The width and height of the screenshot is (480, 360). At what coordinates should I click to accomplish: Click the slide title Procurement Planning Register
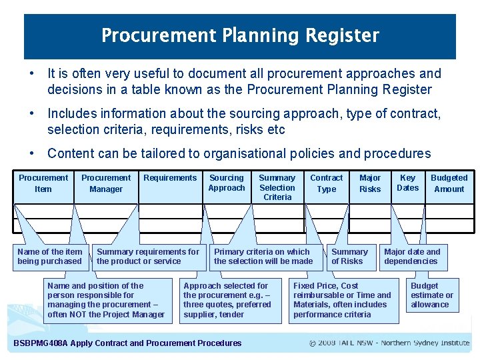(x=240, y=35)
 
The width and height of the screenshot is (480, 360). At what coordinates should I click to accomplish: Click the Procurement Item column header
(x=43, y=183)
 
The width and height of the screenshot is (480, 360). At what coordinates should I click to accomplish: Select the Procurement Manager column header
(x=106, y=183)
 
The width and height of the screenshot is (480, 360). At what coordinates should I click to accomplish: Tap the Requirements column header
(x=170, y=178)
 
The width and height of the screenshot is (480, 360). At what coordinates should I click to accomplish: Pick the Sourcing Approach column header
(x=227, y=183)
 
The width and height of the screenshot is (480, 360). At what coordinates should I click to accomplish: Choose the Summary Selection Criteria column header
(x=277, y=187)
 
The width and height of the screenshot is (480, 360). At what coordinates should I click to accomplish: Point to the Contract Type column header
(x=327, y=183)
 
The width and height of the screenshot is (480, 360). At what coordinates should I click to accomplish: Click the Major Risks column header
(x=370, y=183)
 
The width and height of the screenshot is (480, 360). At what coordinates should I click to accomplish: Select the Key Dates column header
(x=407, y=183)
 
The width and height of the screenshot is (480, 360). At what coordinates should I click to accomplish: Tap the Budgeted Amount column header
(x=449, y=183)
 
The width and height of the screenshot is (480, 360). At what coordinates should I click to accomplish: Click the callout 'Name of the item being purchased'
(x=50, y=257)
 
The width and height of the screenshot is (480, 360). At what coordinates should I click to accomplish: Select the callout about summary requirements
(x=148, y=257)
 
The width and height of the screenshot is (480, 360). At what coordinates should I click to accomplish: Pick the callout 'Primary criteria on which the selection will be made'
(x=263, y=257)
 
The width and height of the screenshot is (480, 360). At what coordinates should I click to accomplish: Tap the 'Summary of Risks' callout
(x=349, y=257)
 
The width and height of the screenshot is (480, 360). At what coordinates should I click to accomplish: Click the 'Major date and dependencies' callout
(x=412, y=257)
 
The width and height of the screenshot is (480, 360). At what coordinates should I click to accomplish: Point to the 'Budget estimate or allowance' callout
(x=431, y=295)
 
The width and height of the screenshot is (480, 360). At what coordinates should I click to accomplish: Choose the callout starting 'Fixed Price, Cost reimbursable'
(x=342, y=300)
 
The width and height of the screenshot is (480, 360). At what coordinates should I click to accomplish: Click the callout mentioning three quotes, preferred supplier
(x=227, y=300)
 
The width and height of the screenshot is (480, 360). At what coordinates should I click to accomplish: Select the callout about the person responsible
(x=106, y=300)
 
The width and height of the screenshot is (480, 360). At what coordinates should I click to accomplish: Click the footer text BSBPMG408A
(x=127, y=343)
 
